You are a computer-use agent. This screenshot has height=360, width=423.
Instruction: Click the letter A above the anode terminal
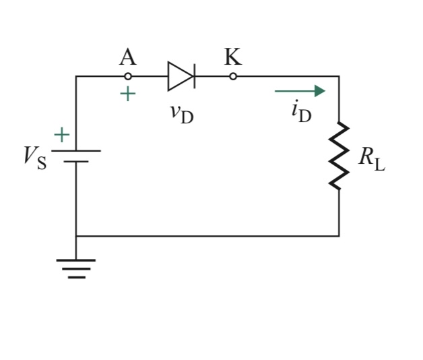[x=127, y=58]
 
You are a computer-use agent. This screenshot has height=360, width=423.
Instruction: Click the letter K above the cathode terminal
[x=233, y=58]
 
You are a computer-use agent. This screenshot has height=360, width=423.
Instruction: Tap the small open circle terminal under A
[x=128, y=76]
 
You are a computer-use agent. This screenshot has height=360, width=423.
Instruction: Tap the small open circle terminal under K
[x=233, y=76]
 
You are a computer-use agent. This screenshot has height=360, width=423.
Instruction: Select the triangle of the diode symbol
[x=178, y=76]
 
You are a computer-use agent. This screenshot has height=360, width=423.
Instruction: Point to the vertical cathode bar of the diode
[x=194, y=76]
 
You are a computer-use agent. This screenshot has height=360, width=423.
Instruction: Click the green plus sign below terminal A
[x=127, y=94]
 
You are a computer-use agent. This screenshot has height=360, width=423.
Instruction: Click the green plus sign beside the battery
[x=61, y=135]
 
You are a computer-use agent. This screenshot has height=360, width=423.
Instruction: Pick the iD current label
[x=301, y=111]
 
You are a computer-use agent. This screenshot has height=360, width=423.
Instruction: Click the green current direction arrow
[x=299, y=91]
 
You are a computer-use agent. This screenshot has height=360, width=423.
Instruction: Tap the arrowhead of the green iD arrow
[x=320, y=91]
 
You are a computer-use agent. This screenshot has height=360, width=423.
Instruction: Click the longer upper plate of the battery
[x=76, y=150]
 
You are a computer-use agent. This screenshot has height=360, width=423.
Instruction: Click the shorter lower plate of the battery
[x=76, y=162]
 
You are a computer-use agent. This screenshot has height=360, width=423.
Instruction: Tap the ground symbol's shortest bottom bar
[x=76, y=276]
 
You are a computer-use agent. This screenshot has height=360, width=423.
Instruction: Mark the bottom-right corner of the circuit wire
[x=339, y=236]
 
